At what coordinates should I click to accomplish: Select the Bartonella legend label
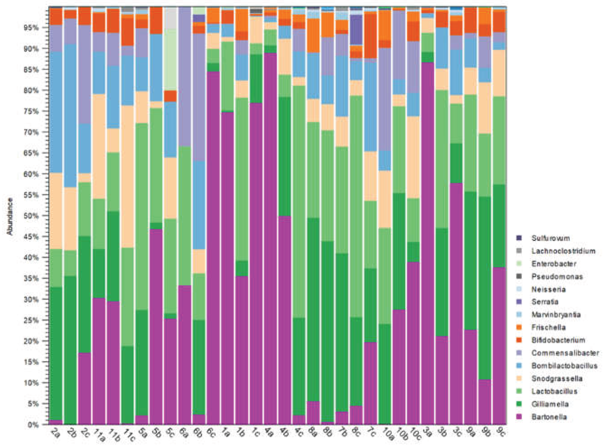pyautogui.click(x=549, y=417)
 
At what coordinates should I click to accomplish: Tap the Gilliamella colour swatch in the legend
pyautogui.click(x=519, y=404)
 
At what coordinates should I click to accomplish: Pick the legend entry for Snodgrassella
pyautogui.click(x=556, y=379)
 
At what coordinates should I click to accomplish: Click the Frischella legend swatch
pyautogui.click(x=519, y=328)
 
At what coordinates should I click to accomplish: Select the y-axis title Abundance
pyautogui.click(x=10, y=216)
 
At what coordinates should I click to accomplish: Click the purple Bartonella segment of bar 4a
pyautogui.click(x=270, y=239)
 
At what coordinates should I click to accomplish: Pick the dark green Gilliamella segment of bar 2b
pyautogui.click(x=70, y=350)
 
